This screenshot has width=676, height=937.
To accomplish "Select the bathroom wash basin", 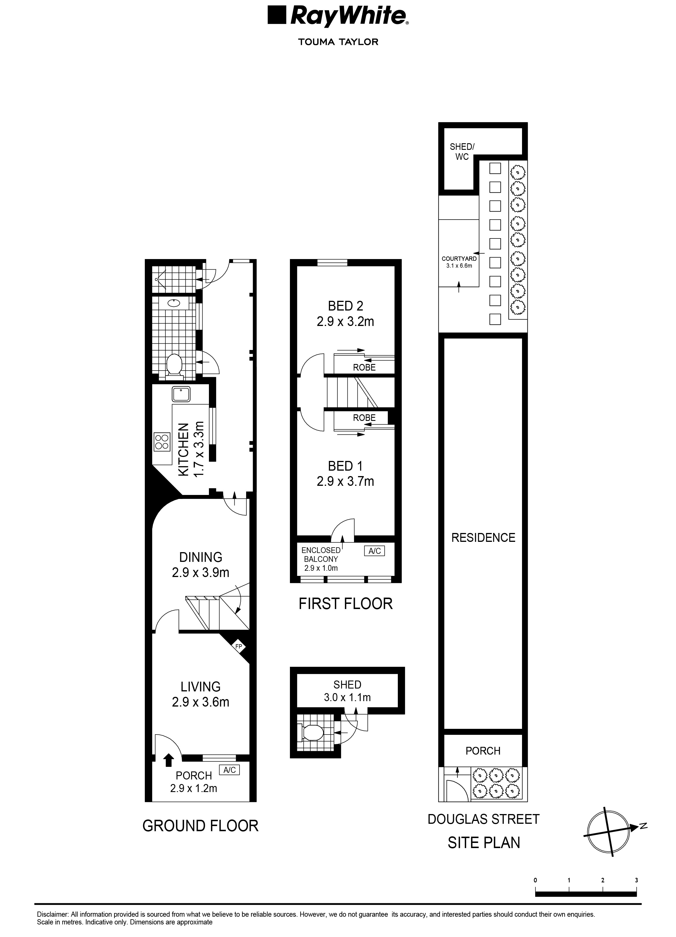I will click(x=174, y=303).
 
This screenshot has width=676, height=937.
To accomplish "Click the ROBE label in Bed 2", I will click(x=364, y=367).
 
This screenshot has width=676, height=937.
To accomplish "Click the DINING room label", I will click(x=201, y=557).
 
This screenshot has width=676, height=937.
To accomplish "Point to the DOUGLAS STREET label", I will click(x=483, y=819).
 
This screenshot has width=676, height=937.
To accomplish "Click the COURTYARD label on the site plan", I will click(x=459, y=258).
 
